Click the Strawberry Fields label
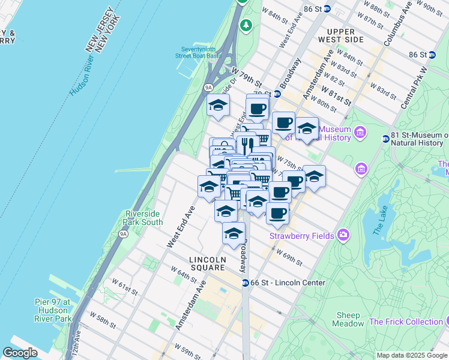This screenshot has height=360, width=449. [x=301, y=236]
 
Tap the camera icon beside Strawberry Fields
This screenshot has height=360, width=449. [x=343, y=235]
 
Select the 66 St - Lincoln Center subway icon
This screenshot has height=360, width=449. [x=245, y=283]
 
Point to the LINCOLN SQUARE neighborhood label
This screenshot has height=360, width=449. [x=208, y=260]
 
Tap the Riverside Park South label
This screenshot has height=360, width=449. [x=143, y=218]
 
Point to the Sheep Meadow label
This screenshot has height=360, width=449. [x=348, y=319]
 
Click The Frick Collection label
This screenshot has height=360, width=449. [x=406, y=322]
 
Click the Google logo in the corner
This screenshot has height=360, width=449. [x=20, y=353]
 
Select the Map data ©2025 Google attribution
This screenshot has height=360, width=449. [x=411, y=355]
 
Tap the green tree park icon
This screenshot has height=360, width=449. [x=246, y=25]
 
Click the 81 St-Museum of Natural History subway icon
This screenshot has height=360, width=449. [x=385, y=139]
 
